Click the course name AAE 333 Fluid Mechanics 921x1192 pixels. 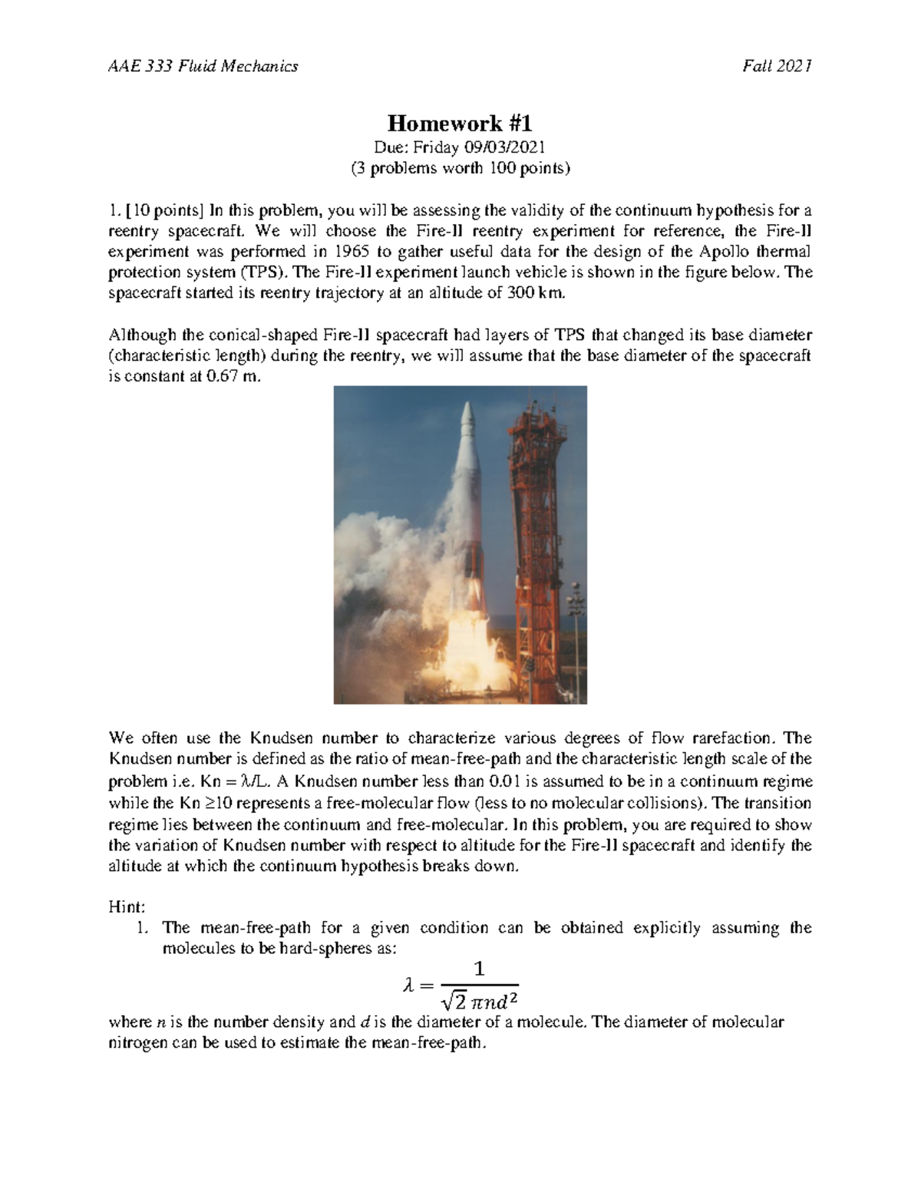203,66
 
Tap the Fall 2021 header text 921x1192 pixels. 777,66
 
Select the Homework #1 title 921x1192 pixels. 460,123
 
